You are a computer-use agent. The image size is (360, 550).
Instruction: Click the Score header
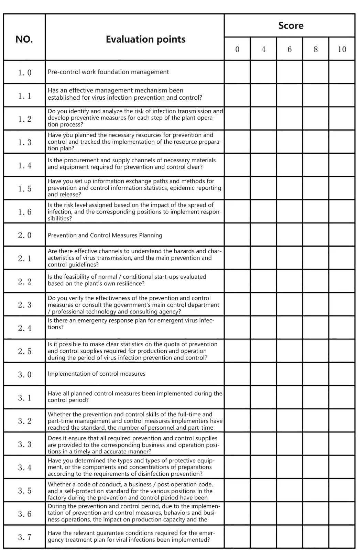(291, 26)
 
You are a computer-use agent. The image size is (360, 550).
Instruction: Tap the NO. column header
(24, 39)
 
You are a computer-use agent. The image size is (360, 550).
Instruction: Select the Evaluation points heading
(145, 39)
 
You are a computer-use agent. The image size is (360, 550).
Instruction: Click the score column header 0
(237, 49)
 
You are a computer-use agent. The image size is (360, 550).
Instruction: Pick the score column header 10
(342, 49)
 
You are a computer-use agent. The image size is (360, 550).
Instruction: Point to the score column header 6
(290, 49)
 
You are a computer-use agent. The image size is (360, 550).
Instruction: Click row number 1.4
(24, 165)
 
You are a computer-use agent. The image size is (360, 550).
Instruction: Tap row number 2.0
(24, 235)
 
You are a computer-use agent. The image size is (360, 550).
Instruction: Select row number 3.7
(24, 537)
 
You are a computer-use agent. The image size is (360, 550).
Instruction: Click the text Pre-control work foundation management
(108, 72)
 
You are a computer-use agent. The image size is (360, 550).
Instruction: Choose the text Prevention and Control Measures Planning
(105, 235)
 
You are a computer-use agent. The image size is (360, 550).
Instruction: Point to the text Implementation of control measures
(97, 374)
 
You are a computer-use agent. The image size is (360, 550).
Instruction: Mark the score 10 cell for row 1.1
(342, 95)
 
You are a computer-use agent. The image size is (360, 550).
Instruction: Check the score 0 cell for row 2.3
(237, 305)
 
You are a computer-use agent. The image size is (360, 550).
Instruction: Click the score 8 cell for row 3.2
(316, 420)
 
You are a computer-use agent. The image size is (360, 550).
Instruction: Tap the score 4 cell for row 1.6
(263, 211)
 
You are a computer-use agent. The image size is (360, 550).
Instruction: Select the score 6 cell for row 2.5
(290, 351)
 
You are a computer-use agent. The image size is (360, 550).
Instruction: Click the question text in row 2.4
(131, 324)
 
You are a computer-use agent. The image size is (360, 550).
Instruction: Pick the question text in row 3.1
(135, 397)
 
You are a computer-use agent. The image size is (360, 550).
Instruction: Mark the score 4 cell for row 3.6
(263, 513)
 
